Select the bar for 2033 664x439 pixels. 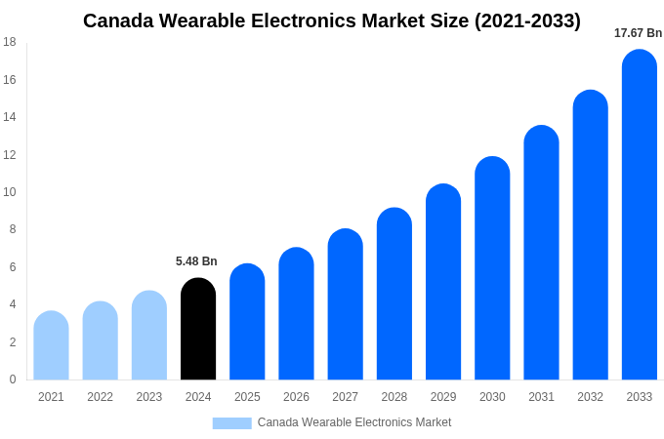tap(640, 215)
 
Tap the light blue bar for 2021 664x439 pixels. tap(51, 346)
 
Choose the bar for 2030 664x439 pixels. tap(492, 268)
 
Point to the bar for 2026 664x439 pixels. tap(296, 314)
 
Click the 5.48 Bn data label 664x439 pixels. tap(196, 261)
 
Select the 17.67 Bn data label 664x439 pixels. tap(638, 33)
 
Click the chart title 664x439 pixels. tap(332, 20)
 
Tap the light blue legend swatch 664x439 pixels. tap(231, 423)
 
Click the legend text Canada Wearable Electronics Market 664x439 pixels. tap(354, 422)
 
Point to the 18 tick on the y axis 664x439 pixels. tap(10, 42)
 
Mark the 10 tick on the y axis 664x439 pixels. tap(10, 192)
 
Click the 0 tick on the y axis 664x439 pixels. tap(13, 379)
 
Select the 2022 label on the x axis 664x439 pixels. tap(100, 397)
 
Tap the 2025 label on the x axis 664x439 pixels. tap(247, 397)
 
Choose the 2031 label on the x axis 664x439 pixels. tap(541, 397)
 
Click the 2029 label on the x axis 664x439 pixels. tap(443, 397)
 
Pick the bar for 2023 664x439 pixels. tap(149, 336)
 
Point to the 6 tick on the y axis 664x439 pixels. tap(13, 267)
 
